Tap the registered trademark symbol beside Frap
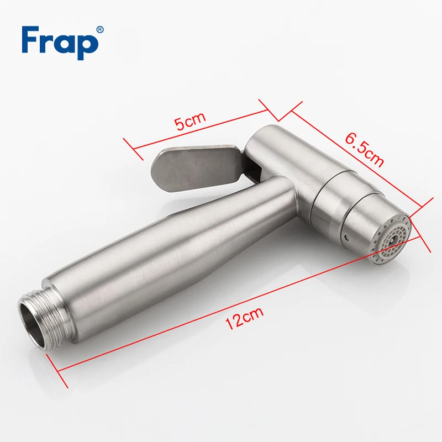(x=100, y=30)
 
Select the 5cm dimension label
(x=190, y=120)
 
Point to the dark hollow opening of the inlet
(x=33, y=324)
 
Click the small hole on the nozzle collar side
(x=346, y=236)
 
